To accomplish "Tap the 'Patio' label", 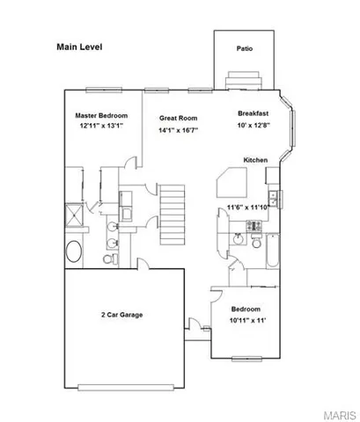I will pos(246,48).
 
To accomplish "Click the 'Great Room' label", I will pos(177,118).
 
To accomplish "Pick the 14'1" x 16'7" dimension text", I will pos(177,131).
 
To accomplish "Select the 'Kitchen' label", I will pos(255,160).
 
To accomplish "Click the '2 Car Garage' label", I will pos(121,314).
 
